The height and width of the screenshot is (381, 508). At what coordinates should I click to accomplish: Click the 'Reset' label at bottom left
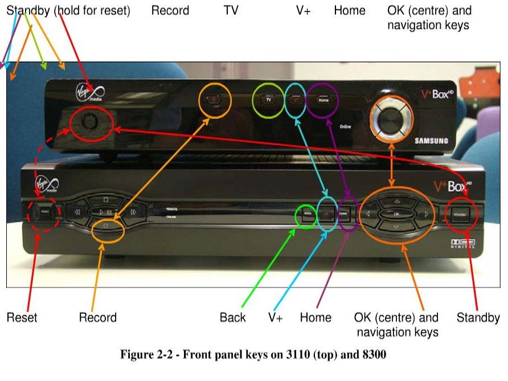tap(22, 317)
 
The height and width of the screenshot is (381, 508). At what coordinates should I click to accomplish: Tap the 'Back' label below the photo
tap(232, 317)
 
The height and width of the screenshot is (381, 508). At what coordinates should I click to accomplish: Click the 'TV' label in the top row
tap(231, 10)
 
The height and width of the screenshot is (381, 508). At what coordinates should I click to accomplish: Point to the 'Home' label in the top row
tap(350, 10)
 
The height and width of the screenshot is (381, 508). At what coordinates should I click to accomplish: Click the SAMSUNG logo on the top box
tap(431, 141)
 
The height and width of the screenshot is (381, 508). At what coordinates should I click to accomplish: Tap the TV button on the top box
tap(268, 100)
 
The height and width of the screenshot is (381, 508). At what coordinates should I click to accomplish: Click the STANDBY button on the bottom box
tap(462, 214)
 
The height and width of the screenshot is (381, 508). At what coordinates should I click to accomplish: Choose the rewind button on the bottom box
tap(75, 212)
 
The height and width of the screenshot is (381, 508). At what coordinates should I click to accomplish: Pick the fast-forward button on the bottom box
tap(133, 212)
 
